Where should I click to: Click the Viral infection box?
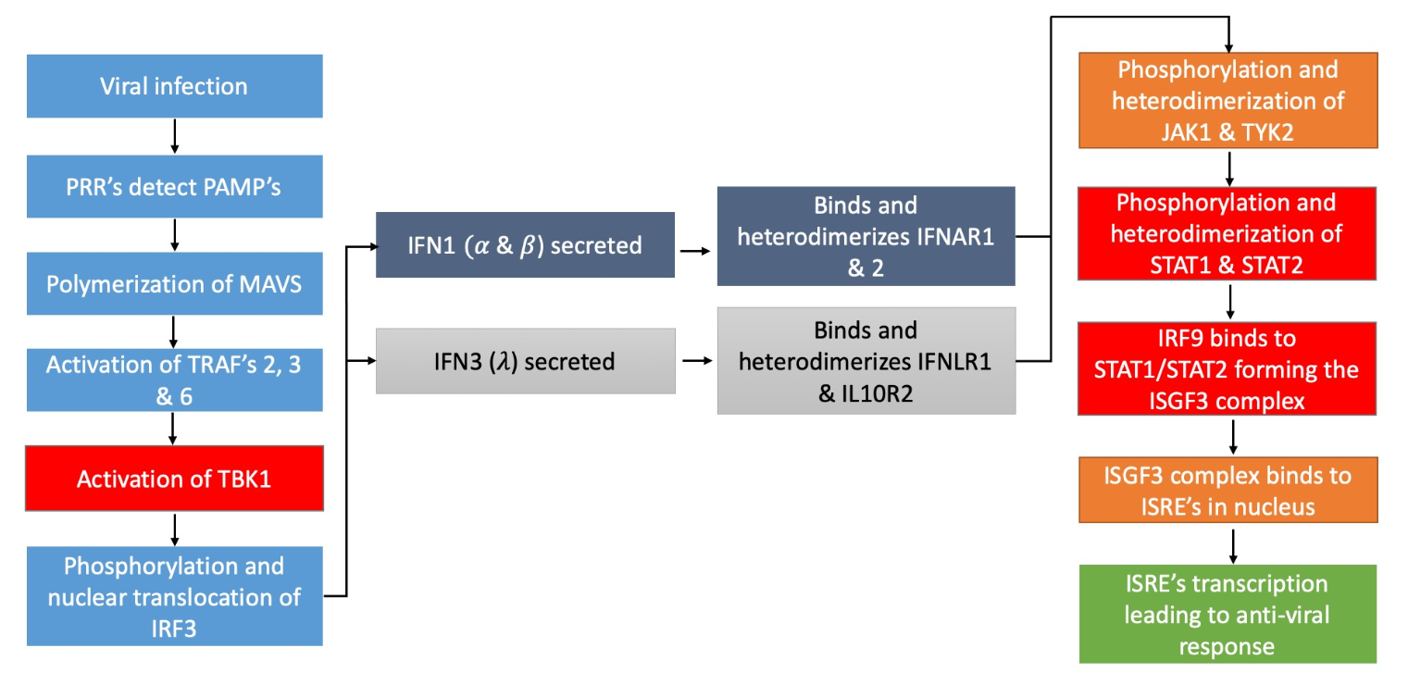174,86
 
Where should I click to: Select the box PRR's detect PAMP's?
174,185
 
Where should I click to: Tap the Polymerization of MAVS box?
174,282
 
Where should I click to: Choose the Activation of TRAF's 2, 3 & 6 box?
174,380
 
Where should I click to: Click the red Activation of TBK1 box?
174,479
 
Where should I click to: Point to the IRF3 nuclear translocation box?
174,595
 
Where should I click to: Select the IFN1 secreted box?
525,245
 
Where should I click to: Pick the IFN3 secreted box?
525,360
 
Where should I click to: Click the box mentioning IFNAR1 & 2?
866,236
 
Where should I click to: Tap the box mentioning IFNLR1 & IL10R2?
866,360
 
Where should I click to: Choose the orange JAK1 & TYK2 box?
1228,100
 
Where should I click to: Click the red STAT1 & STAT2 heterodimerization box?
1228,232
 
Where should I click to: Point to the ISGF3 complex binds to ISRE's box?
1228,492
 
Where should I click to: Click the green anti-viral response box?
1228,614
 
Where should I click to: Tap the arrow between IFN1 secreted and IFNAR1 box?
695,250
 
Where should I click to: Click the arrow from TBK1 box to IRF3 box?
174,528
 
